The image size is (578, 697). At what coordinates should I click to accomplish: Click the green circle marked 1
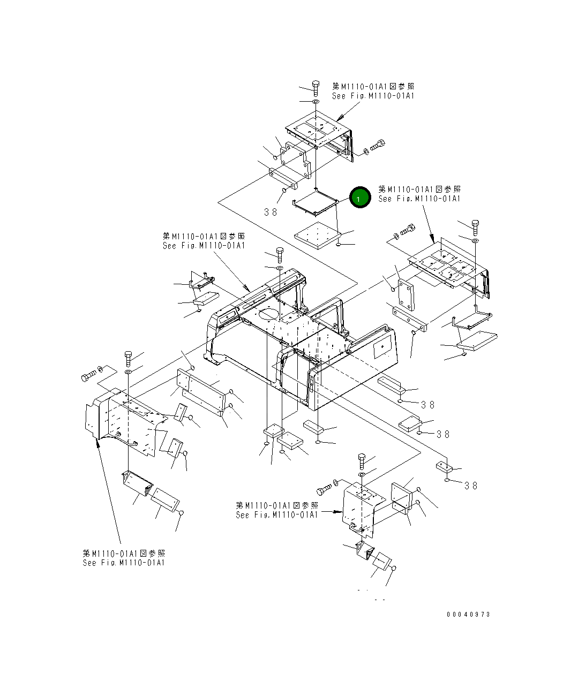pyautogui.click(x=360, y=198)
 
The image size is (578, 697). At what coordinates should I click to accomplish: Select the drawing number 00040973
pyautogui.click(x=468, y=615)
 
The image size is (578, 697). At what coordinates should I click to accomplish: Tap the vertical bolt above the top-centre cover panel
pyautogui.click(x=316, y=86)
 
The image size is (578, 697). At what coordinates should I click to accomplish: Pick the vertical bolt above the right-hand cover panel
pyautogui.click(x=475, y=226)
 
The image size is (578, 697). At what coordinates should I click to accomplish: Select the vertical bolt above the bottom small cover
pyautogui.click(x=362, y=460)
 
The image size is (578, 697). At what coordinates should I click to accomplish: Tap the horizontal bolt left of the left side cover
pyautogui.click(x=88, y=377)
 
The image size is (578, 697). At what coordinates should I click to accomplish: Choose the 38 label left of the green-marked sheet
pyautogui.click(x=271, y=212)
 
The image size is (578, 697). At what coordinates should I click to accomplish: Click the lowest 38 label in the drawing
pyautogui.click(x=471, y=486)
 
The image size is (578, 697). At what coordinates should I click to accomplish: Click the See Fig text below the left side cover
pyautogui.click(x=124, y=563)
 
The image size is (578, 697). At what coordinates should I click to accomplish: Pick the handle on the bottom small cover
pyautogui.click(x=355, y=527)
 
